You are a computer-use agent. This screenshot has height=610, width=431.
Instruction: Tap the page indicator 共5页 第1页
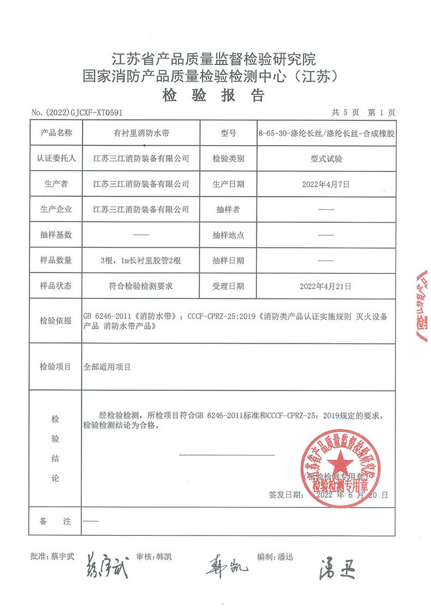(363, 112)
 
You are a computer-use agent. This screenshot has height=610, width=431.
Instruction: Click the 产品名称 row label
(56, 133)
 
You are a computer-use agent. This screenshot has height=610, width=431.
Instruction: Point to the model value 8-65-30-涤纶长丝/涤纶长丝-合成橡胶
(326, 133)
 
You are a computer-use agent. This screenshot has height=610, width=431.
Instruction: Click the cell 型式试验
(325, 159)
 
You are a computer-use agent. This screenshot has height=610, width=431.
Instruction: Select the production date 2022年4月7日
(325, 184)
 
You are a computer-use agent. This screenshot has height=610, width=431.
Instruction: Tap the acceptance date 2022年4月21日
(325, 286)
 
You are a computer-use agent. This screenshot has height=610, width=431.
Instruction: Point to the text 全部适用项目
(107, 367)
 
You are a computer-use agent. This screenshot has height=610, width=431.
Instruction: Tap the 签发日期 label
(284, 495)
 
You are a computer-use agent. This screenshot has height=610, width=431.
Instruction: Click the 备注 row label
(56, 522)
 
